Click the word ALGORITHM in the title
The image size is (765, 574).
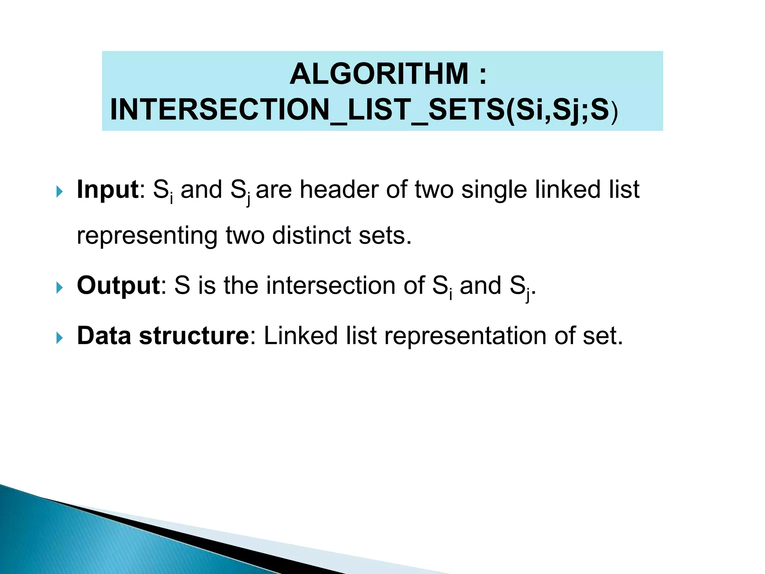point(379,74)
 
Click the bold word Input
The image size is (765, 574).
point(108,189)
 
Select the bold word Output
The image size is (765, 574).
point(118,286)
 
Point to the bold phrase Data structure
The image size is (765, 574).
point(163,336)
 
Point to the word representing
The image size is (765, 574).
point(147,236)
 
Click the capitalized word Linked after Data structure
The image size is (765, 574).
point(301,336)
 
